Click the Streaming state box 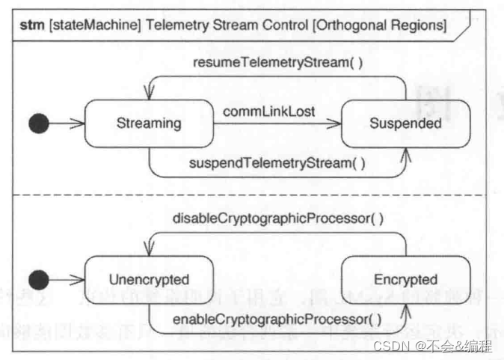149,123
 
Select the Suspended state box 405,123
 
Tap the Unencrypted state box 149,280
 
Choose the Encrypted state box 405,280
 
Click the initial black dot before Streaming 39,124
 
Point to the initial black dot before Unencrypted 39,281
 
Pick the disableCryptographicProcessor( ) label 277,219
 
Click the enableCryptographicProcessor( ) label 277,320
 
